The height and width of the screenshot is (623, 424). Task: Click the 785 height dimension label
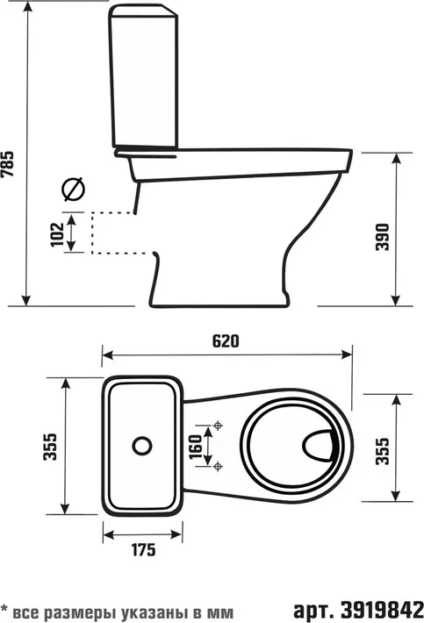[7, 164]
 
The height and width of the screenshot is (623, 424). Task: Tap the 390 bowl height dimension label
[382, 237]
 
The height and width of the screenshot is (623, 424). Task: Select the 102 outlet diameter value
[57, 234]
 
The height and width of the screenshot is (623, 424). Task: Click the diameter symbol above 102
[74, 189]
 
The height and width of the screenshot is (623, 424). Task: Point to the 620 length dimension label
[226, 341]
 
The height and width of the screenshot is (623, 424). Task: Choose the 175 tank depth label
[143, 550]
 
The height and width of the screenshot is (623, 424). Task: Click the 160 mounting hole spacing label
[196, 447]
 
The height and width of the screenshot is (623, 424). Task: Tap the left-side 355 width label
[50, 447]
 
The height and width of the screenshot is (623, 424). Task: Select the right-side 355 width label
[383, 451]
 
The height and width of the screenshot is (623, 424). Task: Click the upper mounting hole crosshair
[218, 426]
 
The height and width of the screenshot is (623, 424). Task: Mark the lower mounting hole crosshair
[218, 466]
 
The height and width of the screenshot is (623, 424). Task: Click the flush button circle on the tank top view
[142, 446]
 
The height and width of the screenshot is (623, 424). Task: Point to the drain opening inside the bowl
[318, 445]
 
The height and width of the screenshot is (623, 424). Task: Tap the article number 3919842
[382, 609]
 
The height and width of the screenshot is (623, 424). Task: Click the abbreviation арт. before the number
[313, 610]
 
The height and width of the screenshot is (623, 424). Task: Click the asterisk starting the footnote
[5, 609]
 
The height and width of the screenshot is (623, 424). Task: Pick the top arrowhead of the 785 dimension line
[27, 7]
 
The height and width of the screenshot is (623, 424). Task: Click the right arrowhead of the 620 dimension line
[347, 354]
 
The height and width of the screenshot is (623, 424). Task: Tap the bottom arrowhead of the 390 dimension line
[395, 300]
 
